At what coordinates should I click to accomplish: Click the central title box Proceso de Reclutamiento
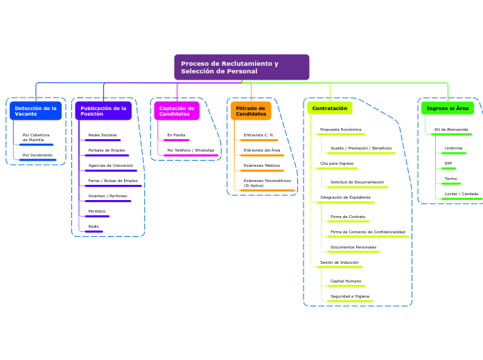tap(241, 67)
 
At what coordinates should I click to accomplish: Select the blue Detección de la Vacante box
tap(35, 111)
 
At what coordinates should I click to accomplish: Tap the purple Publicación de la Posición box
tap(103, 111)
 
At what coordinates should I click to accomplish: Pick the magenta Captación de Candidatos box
tap(177, 111)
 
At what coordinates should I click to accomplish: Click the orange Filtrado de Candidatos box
tap(251, 111)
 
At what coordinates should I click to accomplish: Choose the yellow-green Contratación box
tap(330, 108)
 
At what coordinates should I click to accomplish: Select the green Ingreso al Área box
tap(448, 108)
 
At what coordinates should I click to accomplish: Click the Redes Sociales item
tap(103, 135)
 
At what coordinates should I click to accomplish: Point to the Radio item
tap(94, 226)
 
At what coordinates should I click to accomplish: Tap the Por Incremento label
tap(37, 155)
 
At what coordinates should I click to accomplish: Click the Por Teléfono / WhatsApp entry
tap(191, 150)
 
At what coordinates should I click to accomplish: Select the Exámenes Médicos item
tap(262, 165)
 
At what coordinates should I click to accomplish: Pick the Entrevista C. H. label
tap(258, 135)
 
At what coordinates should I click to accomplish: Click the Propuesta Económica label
tap(340, 129)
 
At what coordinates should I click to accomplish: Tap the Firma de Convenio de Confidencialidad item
tap(367, 232)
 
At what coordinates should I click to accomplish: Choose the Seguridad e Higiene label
tap(350, 296)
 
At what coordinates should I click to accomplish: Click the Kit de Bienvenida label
tap(451, 129)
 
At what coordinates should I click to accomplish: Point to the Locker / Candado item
tap(462, 194)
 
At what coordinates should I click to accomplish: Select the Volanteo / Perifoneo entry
tap(107, 196)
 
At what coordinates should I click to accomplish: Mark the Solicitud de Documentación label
tap(357, 182)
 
